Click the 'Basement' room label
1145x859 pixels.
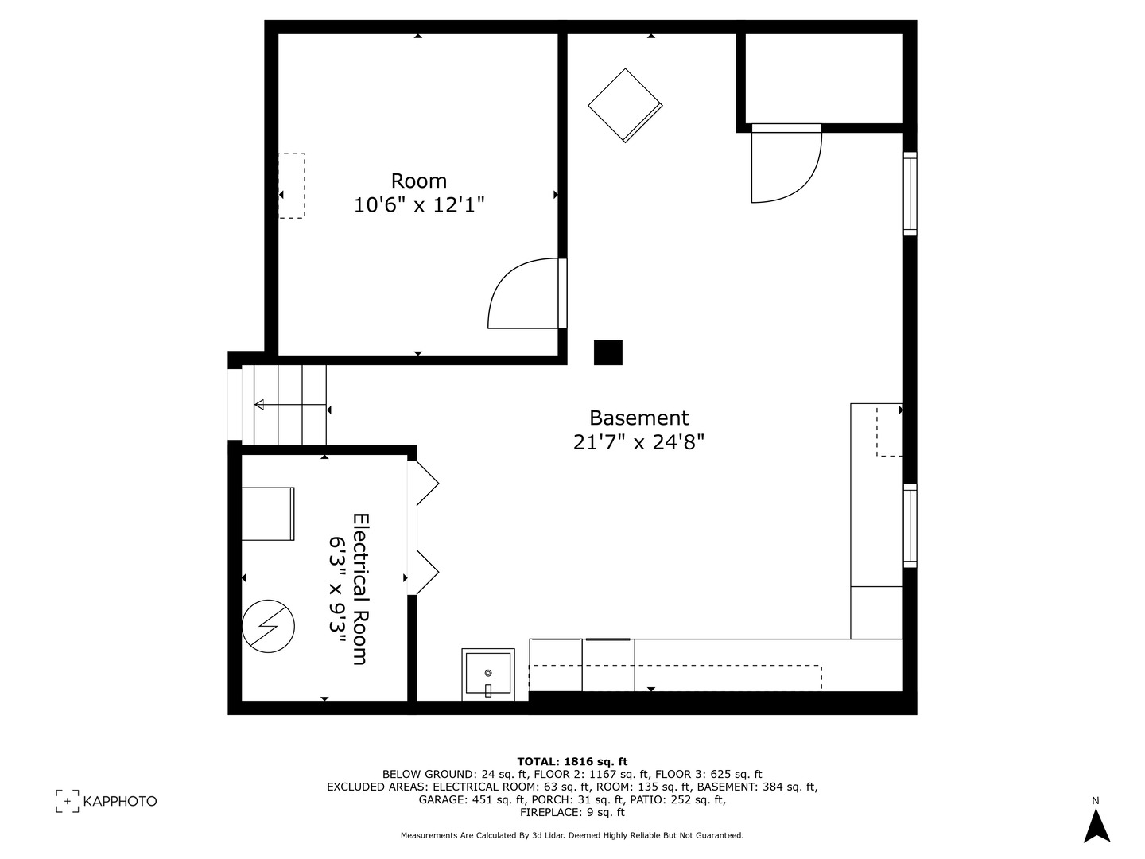pos(638,418)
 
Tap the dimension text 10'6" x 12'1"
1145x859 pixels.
pos(419,205)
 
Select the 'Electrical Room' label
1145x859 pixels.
pos(360,589)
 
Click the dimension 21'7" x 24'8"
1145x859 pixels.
pos(638,441)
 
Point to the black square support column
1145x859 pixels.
pos(608,352)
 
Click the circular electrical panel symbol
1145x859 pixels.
pos(268,626)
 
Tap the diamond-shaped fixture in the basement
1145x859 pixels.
pos(625,105)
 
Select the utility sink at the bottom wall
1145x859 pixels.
pos(488,674)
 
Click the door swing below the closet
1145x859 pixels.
pos(786,163)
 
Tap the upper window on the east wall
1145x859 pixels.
pos(910,193)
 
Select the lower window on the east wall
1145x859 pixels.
pos(910,525)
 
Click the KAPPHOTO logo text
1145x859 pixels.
pos(120,801)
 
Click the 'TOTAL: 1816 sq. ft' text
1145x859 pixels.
pos(572,761)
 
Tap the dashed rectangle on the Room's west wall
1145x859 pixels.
pos(292,186)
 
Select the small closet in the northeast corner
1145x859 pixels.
pos(823,78)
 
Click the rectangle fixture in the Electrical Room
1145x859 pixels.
pos(268,514)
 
